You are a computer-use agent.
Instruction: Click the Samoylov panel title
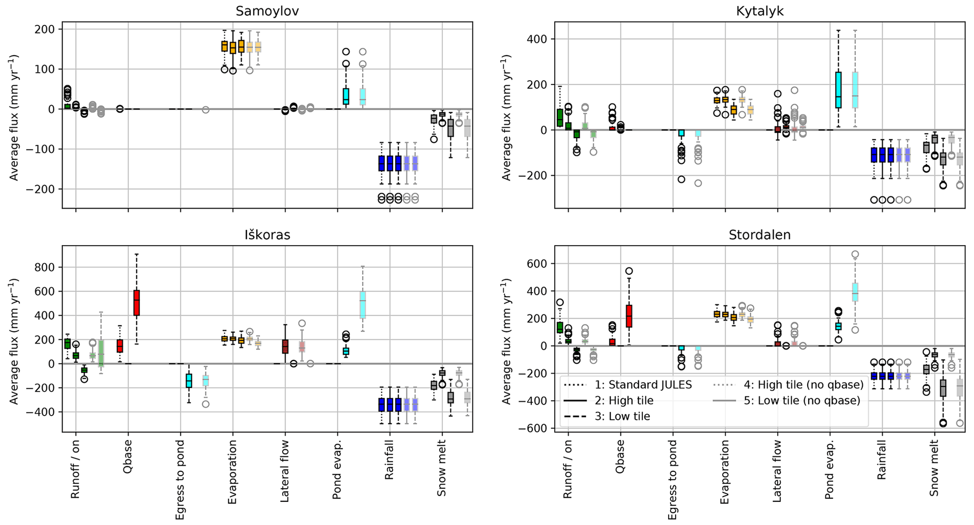267,11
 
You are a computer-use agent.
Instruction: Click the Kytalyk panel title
760,11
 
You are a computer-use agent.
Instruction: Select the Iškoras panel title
267,235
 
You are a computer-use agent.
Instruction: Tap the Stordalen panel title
760,235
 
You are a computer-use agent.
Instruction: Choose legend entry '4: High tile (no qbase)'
803,385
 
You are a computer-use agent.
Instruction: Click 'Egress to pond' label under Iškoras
180,480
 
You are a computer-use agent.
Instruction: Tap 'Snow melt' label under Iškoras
442,468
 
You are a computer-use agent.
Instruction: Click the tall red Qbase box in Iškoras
137,303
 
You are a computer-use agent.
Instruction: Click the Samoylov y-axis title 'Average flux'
14,118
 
